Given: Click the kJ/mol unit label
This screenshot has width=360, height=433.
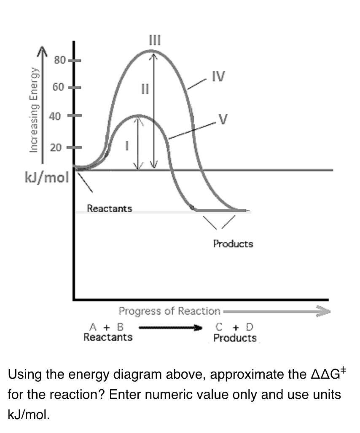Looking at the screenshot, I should [x=46, y=178].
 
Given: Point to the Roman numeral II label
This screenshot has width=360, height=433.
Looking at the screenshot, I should [x=145, y=89].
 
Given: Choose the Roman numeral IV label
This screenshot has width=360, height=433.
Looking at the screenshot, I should [x=218, y=77].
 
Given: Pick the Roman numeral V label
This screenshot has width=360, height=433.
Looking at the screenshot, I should [x=224, y=120].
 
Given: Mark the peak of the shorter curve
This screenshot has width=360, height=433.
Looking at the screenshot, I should [x=138, y=115].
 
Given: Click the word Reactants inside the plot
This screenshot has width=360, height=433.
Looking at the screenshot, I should [x=109, y=208].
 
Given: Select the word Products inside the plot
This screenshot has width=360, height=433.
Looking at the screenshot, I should [x=233, y=243].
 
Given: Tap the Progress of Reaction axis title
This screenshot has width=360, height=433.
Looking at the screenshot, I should [x=169, y=311].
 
